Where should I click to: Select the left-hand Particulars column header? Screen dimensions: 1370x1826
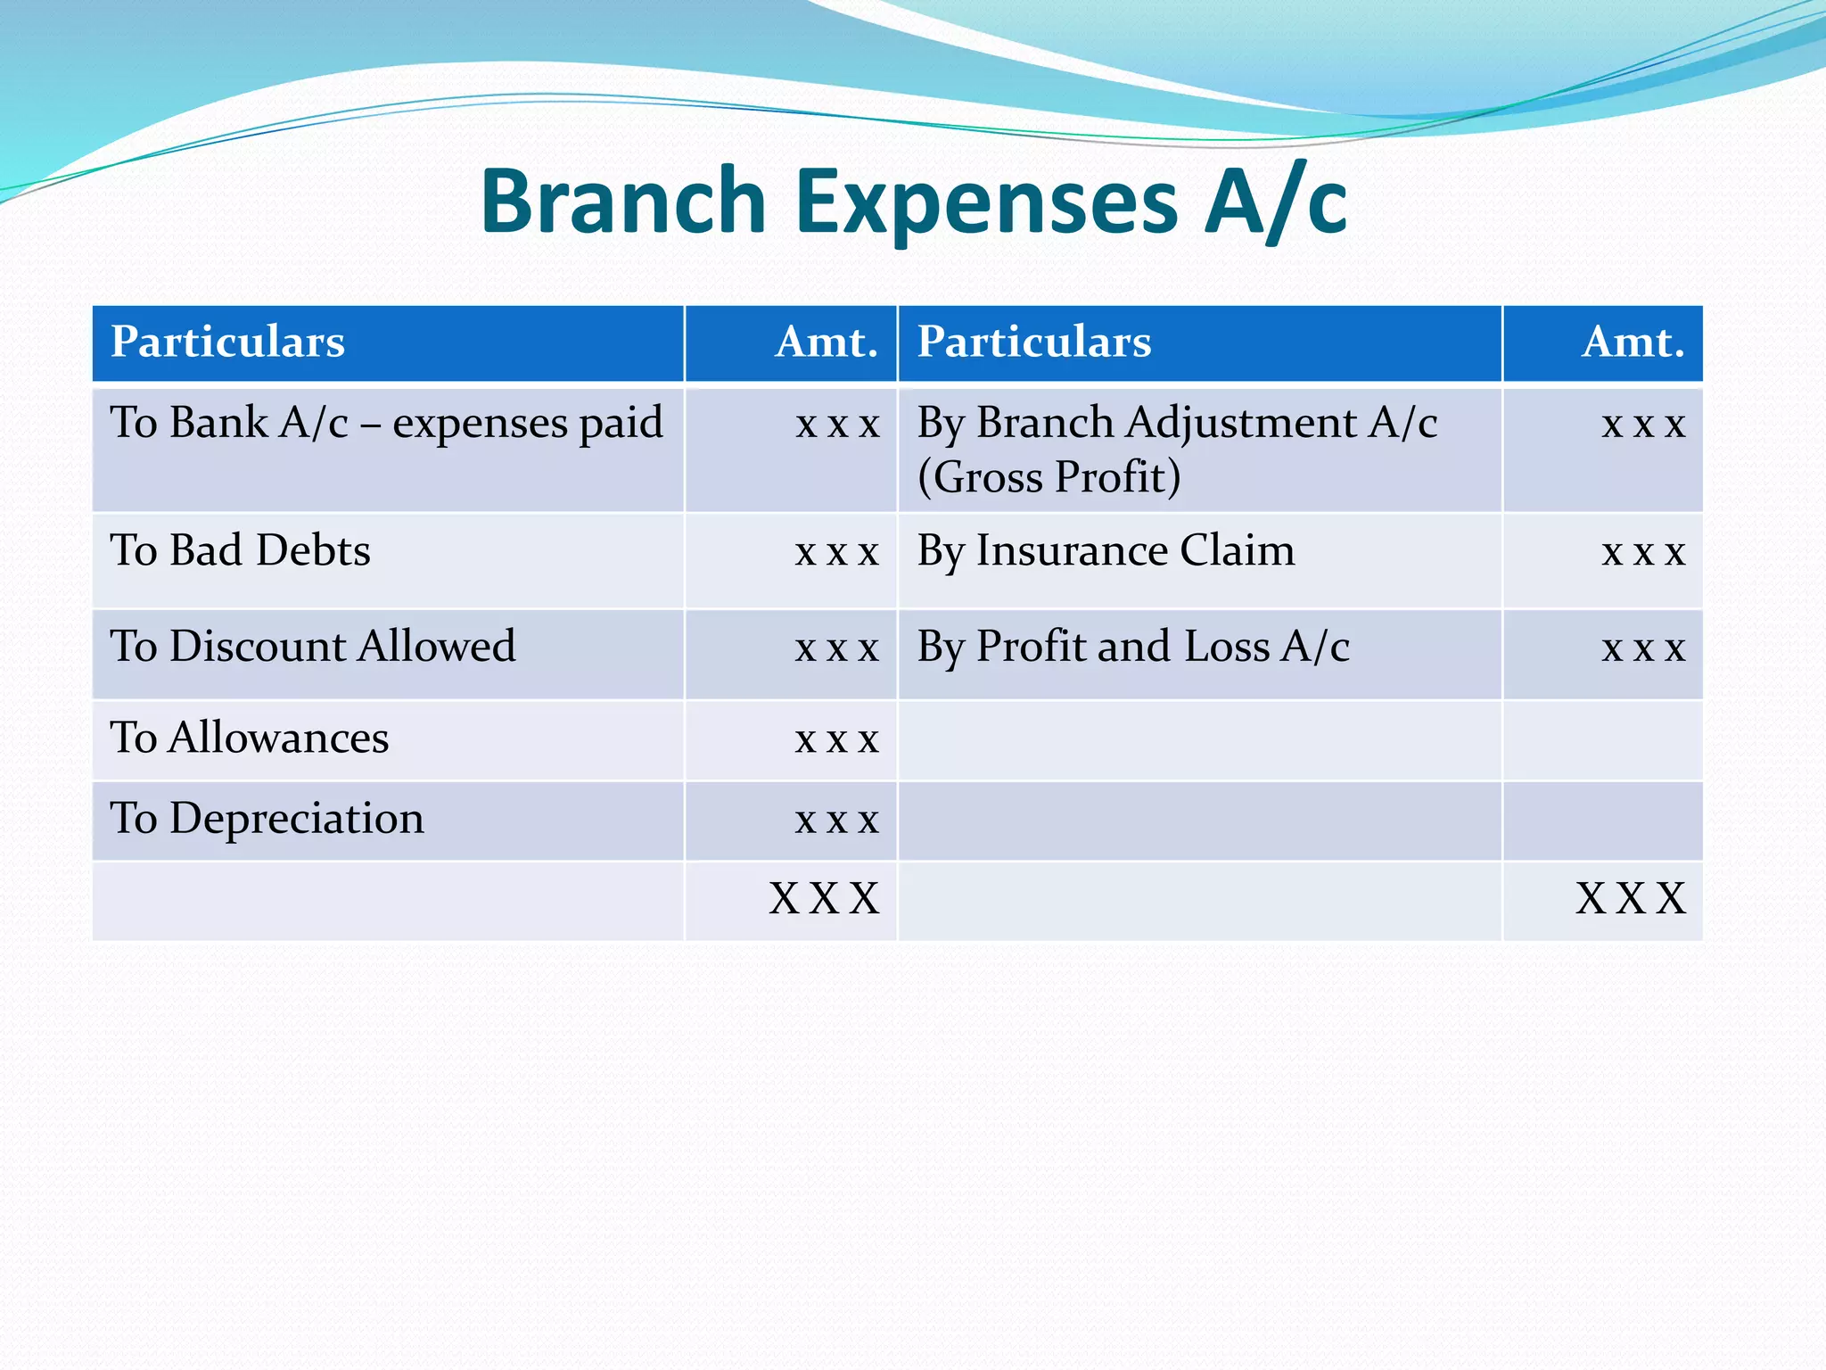(227, 342)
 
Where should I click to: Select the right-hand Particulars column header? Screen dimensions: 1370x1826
(1034, 342)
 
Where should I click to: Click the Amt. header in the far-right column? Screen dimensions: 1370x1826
(1633, 342)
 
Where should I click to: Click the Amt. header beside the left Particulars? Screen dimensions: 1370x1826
(827, 342)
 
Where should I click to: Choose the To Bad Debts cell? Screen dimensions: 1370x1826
(240, 550)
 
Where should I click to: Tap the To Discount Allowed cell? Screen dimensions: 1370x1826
(312, 646)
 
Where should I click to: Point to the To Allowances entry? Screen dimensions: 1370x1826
(250, 738)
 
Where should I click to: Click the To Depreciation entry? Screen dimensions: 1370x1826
(267, 818)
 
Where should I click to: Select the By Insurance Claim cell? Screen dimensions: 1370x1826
(1106, 550)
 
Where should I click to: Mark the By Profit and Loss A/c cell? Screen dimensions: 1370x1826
(1132, 646)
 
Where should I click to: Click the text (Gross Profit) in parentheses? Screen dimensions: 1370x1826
(1049, 476)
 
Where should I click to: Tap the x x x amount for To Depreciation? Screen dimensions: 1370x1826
(836, 819)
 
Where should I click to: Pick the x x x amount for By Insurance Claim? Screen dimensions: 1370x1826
(1642, 552)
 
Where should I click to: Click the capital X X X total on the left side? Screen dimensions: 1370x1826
(825, 898)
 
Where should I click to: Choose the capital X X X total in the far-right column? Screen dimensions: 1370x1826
(1631, 898)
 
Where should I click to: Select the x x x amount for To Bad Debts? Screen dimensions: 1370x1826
(836, 552)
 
